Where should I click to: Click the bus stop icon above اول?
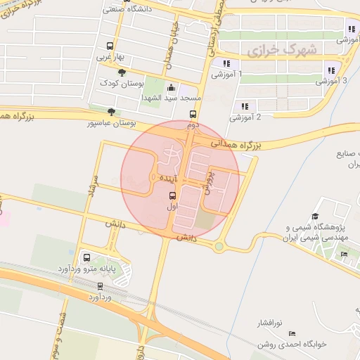pyautogui.click(x=173, y=196)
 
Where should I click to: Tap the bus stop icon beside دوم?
pyautogui.click(x=193, y=115)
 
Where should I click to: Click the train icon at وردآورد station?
pyautogui.click(x=100, y=287)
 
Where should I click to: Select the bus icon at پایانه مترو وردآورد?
pyautogui.click(x=86, y=257)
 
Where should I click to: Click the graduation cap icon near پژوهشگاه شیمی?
pyautogui.click(x=316, y=216)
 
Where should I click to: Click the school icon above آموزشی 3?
pyautogui.click(x=330, y=70)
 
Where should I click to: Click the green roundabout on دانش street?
pyautogui.click(x=219, y=246)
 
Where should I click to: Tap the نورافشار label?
pyautogui.click(x=267, y=323)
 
